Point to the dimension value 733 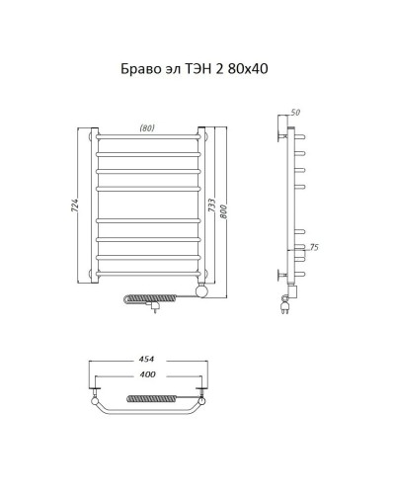coord(212,208)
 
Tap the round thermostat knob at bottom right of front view coord(203,289)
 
